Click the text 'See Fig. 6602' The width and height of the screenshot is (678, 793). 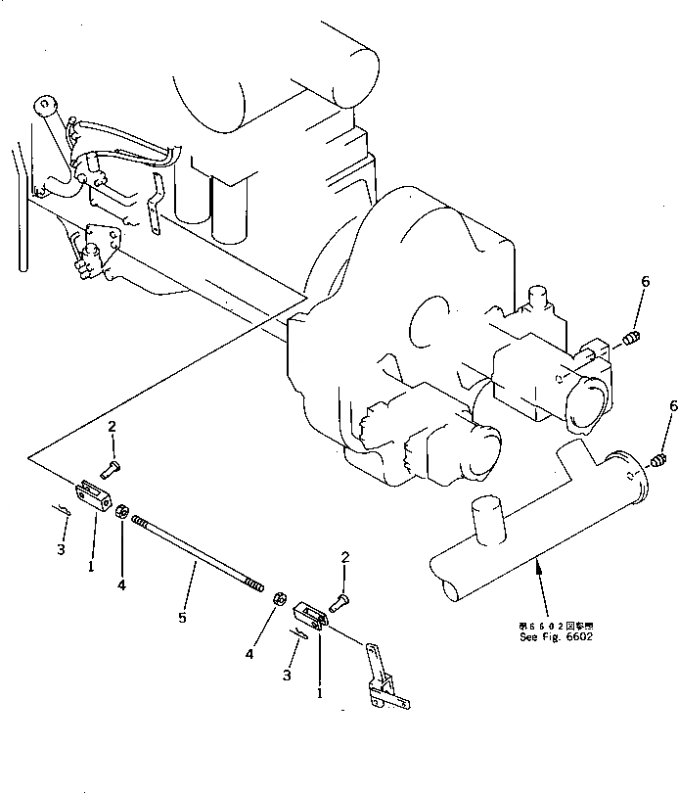(556, 636)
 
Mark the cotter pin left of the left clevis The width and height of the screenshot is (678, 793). (60, 509)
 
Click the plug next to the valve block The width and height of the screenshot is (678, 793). (631, 339)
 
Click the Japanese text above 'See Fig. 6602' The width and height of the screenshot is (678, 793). (556, 625)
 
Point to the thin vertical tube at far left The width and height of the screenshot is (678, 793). (21, 215)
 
